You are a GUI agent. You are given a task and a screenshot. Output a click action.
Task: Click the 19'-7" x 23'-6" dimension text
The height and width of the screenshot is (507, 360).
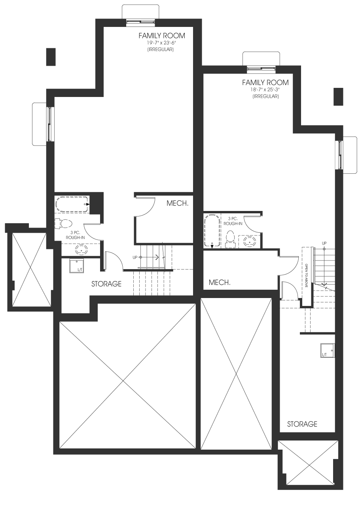point(161,43)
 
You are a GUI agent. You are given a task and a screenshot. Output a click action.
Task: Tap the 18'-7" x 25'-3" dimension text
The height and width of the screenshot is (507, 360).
point(265,89)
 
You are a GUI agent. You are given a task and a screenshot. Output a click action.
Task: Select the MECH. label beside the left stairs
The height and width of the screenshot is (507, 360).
point(177,203)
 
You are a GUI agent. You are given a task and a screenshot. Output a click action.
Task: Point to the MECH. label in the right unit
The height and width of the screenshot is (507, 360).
point(220,282)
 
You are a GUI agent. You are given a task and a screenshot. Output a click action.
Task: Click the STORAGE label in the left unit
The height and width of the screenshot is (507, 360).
point(106,284)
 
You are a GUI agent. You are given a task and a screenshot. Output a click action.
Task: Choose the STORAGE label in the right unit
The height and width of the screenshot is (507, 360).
point(302,424)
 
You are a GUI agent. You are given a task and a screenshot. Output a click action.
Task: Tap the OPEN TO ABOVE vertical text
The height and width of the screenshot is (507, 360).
point(306,275)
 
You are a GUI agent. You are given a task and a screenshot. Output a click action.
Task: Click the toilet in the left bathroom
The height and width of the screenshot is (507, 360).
point(63,224)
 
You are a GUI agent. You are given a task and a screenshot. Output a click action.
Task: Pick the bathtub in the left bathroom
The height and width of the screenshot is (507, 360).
point(72,204)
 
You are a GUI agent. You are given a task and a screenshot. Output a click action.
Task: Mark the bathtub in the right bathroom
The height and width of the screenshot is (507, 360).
point(212,231)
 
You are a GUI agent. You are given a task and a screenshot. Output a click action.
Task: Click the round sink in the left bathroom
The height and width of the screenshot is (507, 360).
point(81,250)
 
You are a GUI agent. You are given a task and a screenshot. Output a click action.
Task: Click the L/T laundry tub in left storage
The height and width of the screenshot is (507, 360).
point(76,266)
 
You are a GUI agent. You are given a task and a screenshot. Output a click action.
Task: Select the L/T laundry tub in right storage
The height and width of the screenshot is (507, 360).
point(328,350)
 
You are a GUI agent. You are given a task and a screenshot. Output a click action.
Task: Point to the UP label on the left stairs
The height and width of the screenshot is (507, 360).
point(135,257)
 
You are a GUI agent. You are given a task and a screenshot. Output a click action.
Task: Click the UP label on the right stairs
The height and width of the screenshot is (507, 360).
point(324,243)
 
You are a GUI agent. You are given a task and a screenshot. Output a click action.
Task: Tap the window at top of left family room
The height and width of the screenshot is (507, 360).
point(141,21)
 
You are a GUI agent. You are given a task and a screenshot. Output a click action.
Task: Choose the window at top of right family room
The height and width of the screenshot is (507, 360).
point(261,68)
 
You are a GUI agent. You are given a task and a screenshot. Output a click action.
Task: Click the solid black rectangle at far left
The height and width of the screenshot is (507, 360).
point(51,57)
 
